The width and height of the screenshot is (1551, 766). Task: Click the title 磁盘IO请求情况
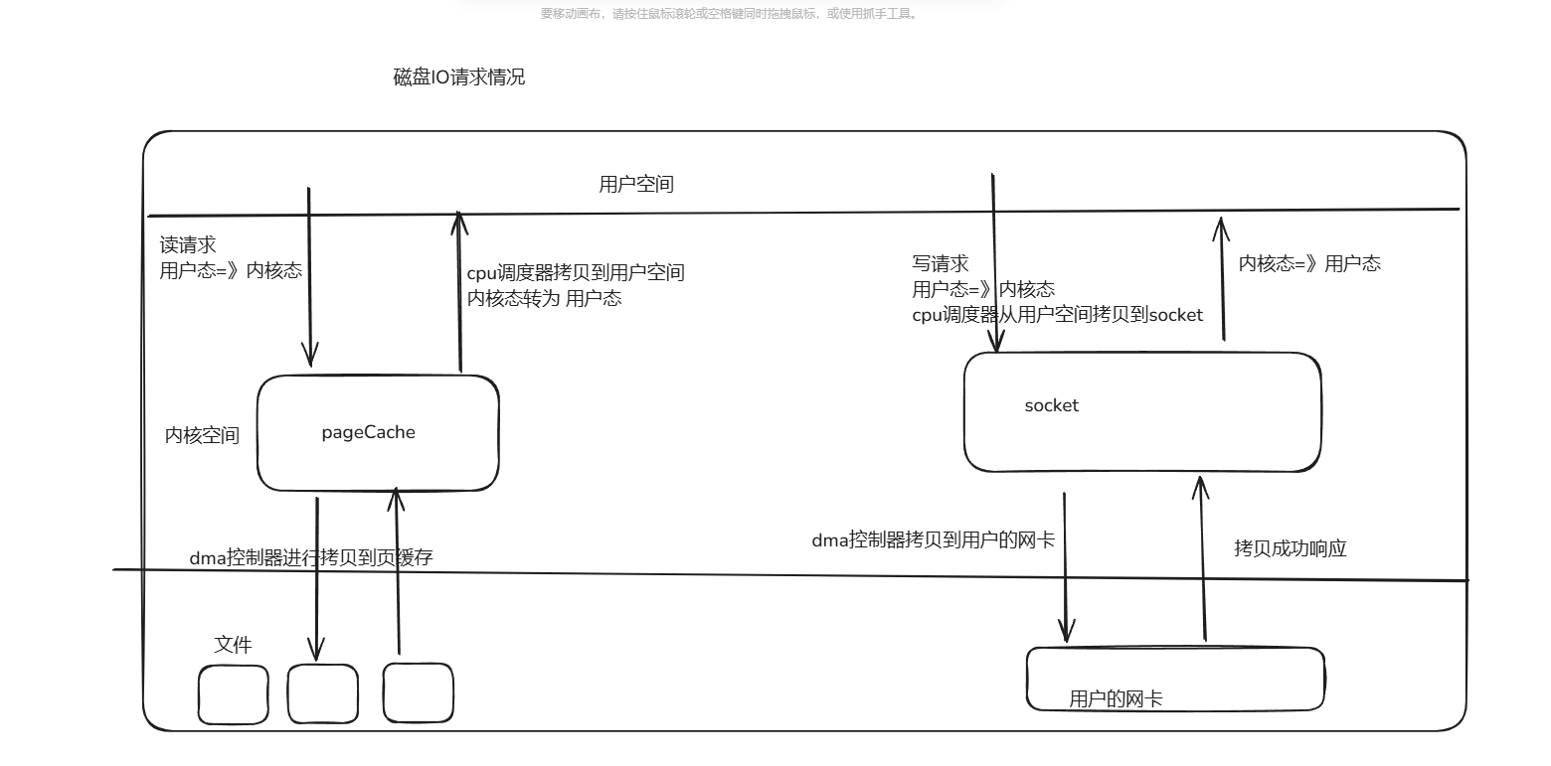459,77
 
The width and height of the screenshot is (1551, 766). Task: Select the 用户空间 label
636,184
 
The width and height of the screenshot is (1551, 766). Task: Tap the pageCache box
378,433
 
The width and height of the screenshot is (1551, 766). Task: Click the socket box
1142,411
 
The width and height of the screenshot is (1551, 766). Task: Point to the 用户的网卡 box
1175,679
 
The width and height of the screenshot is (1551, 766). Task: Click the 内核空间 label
202,435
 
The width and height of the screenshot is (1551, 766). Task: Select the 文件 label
234,644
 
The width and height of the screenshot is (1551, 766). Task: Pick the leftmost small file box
234,693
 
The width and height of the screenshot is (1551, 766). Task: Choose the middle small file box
323,693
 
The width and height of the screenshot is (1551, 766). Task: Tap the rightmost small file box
419,692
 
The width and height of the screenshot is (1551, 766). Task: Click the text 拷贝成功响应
1291,548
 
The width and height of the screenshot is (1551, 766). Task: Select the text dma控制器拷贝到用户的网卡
933,540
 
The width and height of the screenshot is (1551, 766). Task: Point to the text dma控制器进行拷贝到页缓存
311,557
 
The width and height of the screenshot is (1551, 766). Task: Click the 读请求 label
188,245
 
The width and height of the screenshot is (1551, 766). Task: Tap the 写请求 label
941,264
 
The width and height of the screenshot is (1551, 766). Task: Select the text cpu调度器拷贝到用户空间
576,273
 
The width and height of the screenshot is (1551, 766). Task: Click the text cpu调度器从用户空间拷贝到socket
1058,315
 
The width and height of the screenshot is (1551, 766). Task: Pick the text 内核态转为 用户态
545,298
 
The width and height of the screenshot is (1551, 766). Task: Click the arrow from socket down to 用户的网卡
1065,566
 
